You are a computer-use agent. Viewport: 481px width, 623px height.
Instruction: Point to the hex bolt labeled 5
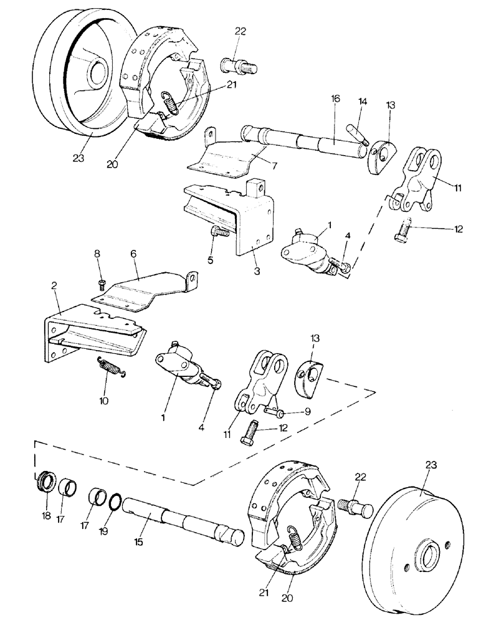(x=220, y=233)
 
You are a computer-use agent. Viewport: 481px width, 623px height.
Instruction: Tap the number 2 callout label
(x=54, y=285)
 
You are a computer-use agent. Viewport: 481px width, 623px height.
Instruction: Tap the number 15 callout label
(x=138, y=542)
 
